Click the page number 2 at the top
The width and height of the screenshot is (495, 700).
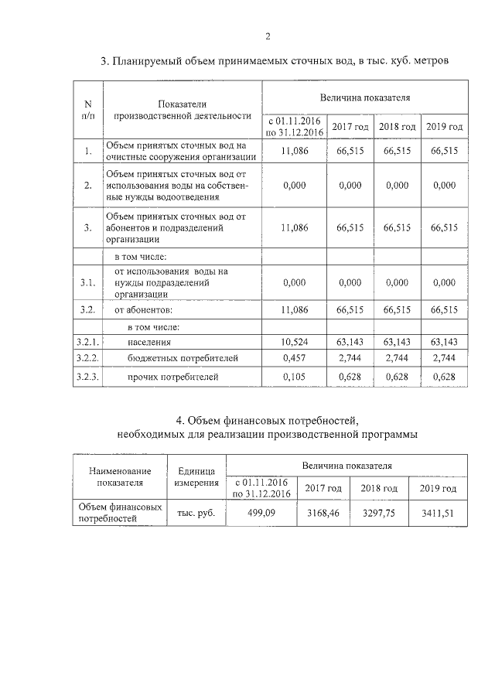[268, 36]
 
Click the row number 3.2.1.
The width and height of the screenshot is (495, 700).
[87, 341]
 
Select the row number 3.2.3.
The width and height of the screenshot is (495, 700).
[87, 377]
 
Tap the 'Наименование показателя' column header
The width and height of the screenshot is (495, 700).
[120, 476]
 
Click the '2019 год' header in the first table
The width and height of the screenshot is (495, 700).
[445, 126]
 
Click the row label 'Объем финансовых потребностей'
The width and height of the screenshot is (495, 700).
[120, 513]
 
